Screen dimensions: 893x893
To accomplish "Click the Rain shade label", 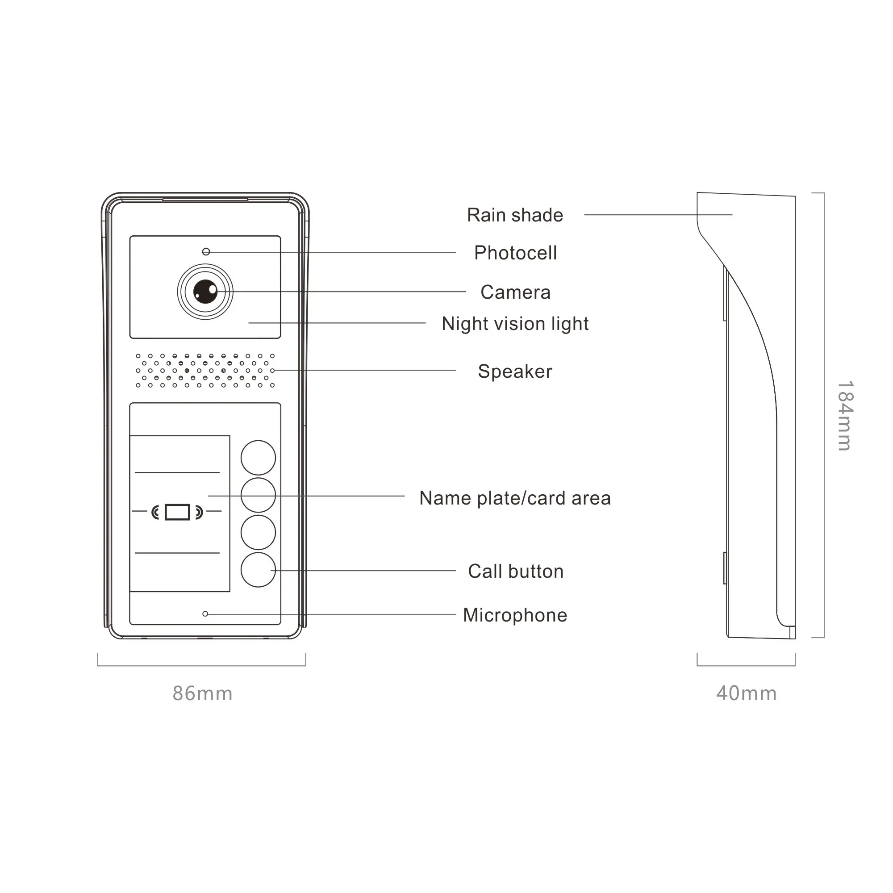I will tap(514, 215).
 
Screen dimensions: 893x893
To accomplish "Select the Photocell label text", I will tap(515, 253).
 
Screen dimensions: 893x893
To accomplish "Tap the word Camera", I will tap(515, 292).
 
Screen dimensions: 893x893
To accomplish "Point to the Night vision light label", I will tap(514, 324).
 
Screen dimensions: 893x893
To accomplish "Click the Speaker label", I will tap(514, 371).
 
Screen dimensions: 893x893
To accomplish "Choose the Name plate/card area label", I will tap(514, 498).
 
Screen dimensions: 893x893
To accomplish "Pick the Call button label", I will tap(515, 572).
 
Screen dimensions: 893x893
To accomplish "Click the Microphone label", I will tap(514, 616).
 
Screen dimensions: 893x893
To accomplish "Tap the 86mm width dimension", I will tap(202, 694).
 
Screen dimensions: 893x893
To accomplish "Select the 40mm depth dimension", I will tap(746, 694).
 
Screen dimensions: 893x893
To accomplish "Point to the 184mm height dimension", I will tap(845, 416).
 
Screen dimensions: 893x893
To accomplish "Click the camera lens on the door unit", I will tap(205, 292).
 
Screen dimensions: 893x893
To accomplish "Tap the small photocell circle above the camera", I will tap(206, 252).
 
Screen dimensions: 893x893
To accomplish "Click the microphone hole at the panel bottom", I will tap(205, 614).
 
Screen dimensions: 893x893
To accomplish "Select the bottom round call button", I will tap(258, 570).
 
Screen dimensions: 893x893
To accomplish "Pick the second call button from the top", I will tap(258, 495).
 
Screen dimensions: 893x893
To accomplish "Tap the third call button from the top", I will tap(258, 533).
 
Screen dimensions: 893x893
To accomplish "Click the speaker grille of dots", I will tap(205, 371).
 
